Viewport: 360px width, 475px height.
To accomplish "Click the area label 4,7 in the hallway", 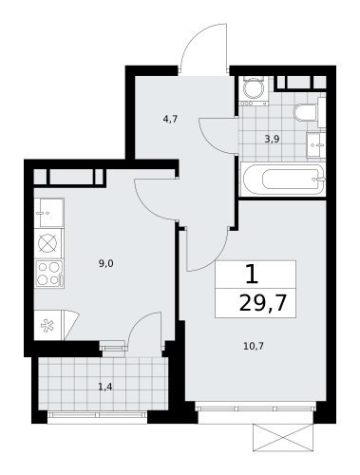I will [x=170, y=120].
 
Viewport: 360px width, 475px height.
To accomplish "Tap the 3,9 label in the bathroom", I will [x=272, y=139].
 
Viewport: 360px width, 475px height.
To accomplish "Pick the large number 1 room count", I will [x=251, y=275].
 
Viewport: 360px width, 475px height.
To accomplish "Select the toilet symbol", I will [x=304, y=112].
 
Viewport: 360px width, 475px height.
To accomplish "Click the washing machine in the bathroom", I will [x=253, y=90].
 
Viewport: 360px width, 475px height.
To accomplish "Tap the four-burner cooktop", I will [x=48, y=274].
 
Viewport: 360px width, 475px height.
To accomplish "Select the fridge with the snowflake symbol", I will [x=48, y=325].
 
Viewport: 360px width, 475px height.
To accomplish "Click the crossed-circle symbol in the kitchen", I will [x=48, y=243].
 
